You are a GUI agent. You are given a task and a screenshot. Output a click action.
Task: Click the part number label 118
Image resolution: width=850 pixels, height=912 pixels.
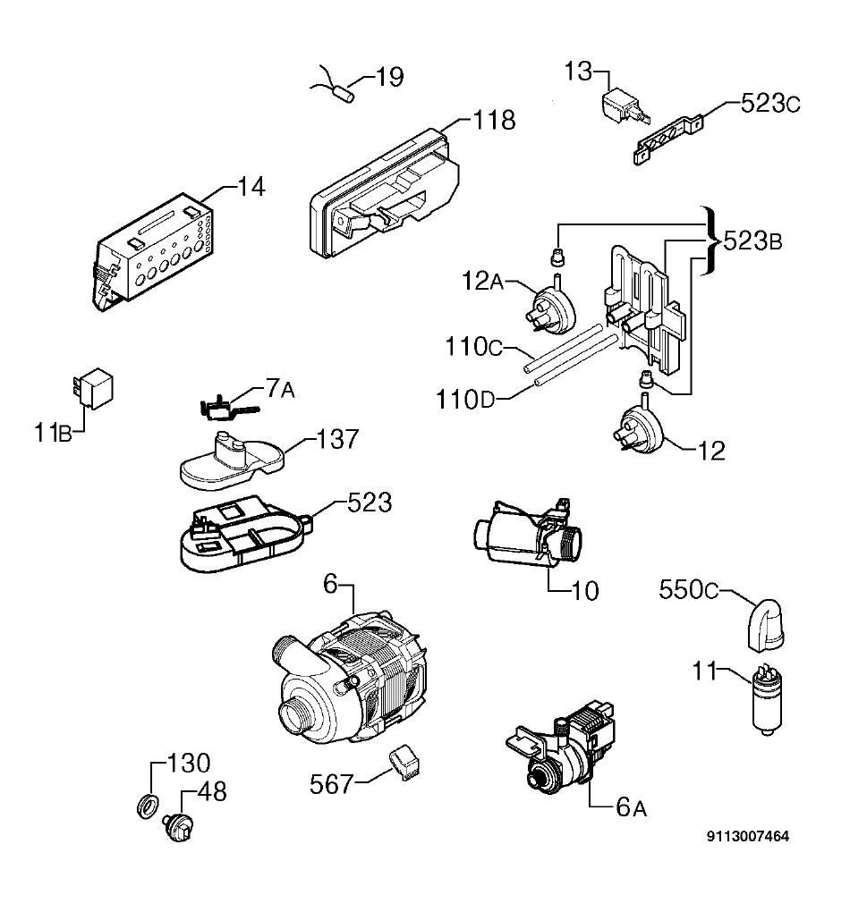494,121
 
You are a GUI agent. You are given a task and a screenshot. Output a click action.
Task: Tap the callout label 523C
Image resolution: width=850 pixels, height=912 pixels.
770,104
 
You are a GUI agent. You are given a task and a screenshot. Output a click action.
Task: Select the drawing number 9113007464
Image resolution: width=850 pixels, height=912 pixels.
748,836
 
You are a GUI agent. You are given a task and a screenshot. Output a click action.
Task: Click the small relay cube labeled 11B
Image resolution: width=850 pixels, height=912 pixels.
93,387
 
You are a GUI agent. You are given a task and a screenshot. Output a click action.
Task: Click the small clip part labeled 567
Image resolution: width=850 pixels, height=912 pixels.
404,762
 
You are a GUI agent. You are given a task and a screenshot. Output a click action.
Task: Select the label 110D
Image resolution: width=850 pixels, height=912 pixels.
466,400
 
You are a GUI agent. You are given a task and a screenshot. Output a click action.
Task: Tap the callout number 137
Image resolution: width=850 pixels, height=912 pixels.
337,439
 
